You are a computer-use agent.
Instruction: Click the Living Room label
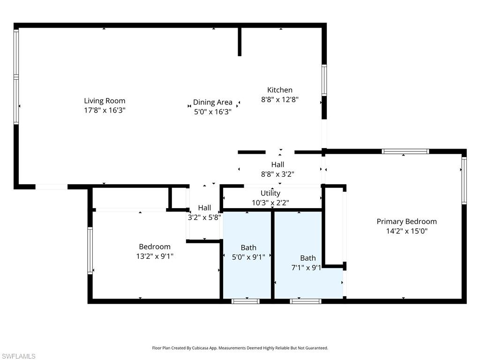coord(105,101)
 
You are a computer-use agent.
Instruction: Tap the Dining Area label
coord(212,102)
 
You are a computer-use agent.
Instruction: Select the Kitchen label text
coord(280,90)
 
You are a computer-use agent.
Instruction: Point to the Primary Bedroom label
coord(406,221)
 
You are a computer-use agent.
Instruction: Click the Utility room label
coord(270,193)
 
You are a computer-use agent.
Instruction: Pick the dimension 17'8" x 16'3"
coord(105,111)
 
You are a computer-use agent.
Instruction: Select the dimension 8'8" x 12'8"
coord(280,99)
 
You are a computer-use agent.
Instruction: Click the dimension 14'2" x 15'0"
coord(406,231)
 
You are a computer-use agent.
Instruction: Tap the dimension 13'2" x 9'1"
coord(155,256)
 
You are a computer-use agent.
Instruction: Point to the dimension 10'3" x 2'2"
coord(270,203)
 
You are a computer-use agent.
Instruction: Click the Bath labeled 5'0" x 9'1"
coord(248,247)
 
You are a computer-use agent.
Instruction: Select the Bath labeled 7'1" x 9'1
coord(308,258)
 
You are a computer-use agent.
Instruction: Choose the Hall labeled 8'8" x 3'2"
coord(277,165)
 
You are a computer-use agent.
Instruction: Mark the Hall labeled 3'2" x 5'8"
coord(204,208)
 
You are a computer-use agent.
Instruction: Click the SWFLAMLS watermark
coord(18,356)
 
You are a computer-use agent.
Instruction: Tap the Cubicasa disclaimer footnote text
coord(240,348)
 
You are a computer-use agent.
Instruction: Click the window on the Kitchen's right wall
coord(324,80)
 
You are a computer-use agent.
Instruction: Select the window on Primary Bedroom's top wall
coord(405,151)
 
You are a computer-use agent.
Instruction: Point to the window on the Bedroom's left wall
coord(90,250)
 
